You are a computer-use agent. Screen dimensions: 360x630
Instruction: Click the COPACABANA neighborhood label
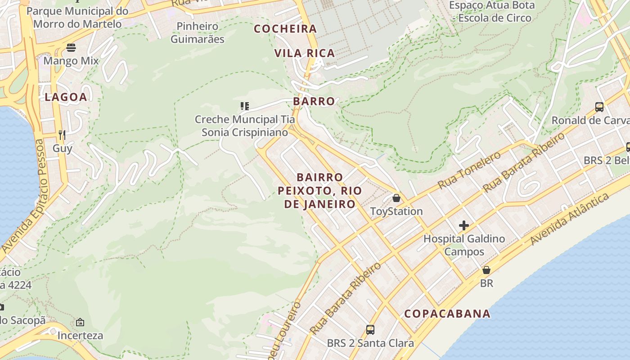[x=447, y=314]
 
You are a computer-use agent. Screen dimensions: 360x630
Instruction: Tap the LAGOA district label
[x=66, y=97]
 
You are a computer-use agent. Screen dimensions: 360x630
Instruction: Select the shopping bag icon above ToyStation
[x=396, y=198]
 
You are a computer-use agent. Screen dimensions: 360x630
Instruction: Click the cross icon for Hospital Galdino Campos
[x=464, y=225]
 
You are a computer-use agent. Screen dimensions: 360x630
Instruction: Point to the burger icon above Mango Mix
[x=71, y=47]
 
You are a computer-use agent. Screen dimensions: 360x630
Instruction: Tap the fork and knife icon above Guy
[x=62, y=135]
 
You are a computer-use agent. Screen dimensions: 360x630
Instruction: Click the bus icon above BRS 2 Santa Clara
[x=370, y=330]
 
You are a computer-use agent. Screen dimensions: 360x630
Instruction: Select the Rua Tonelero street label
[x=469, y=170]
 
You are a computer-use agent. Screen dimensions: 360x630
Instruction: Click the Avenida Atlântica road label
[x=570, y=219]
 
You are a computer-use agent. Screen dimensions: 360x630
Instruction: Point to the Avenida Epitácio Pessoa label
[x=23, y=196]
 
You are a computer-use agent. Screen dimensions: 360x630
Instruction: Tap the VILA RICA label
[x=305, y=53]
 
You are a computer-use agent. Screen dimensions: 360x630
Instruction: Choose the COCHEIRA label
[x=285, y=29]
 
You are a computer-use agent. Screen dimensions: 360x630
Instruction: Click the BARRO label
[x=314, y=101]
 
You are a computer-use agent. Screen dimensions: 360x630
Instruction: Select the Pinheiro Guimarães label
[x=197, y=32]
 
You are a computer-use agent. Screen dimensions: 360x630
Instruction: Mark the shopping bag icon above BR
[x=486, y=270]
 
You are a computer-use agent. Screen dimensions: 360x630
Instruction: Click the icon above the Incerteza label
[x=80, y=322]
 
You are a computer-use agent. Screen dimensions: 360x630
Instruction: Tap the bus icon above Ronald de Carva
[x=599, y=107]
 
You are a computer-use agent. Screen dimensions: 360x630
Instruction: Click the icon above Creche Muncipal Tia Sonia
[x=244, y=106]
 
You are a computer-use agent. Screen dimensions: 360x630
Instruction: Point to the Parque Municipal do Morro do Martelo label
[x=77, y=17]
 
